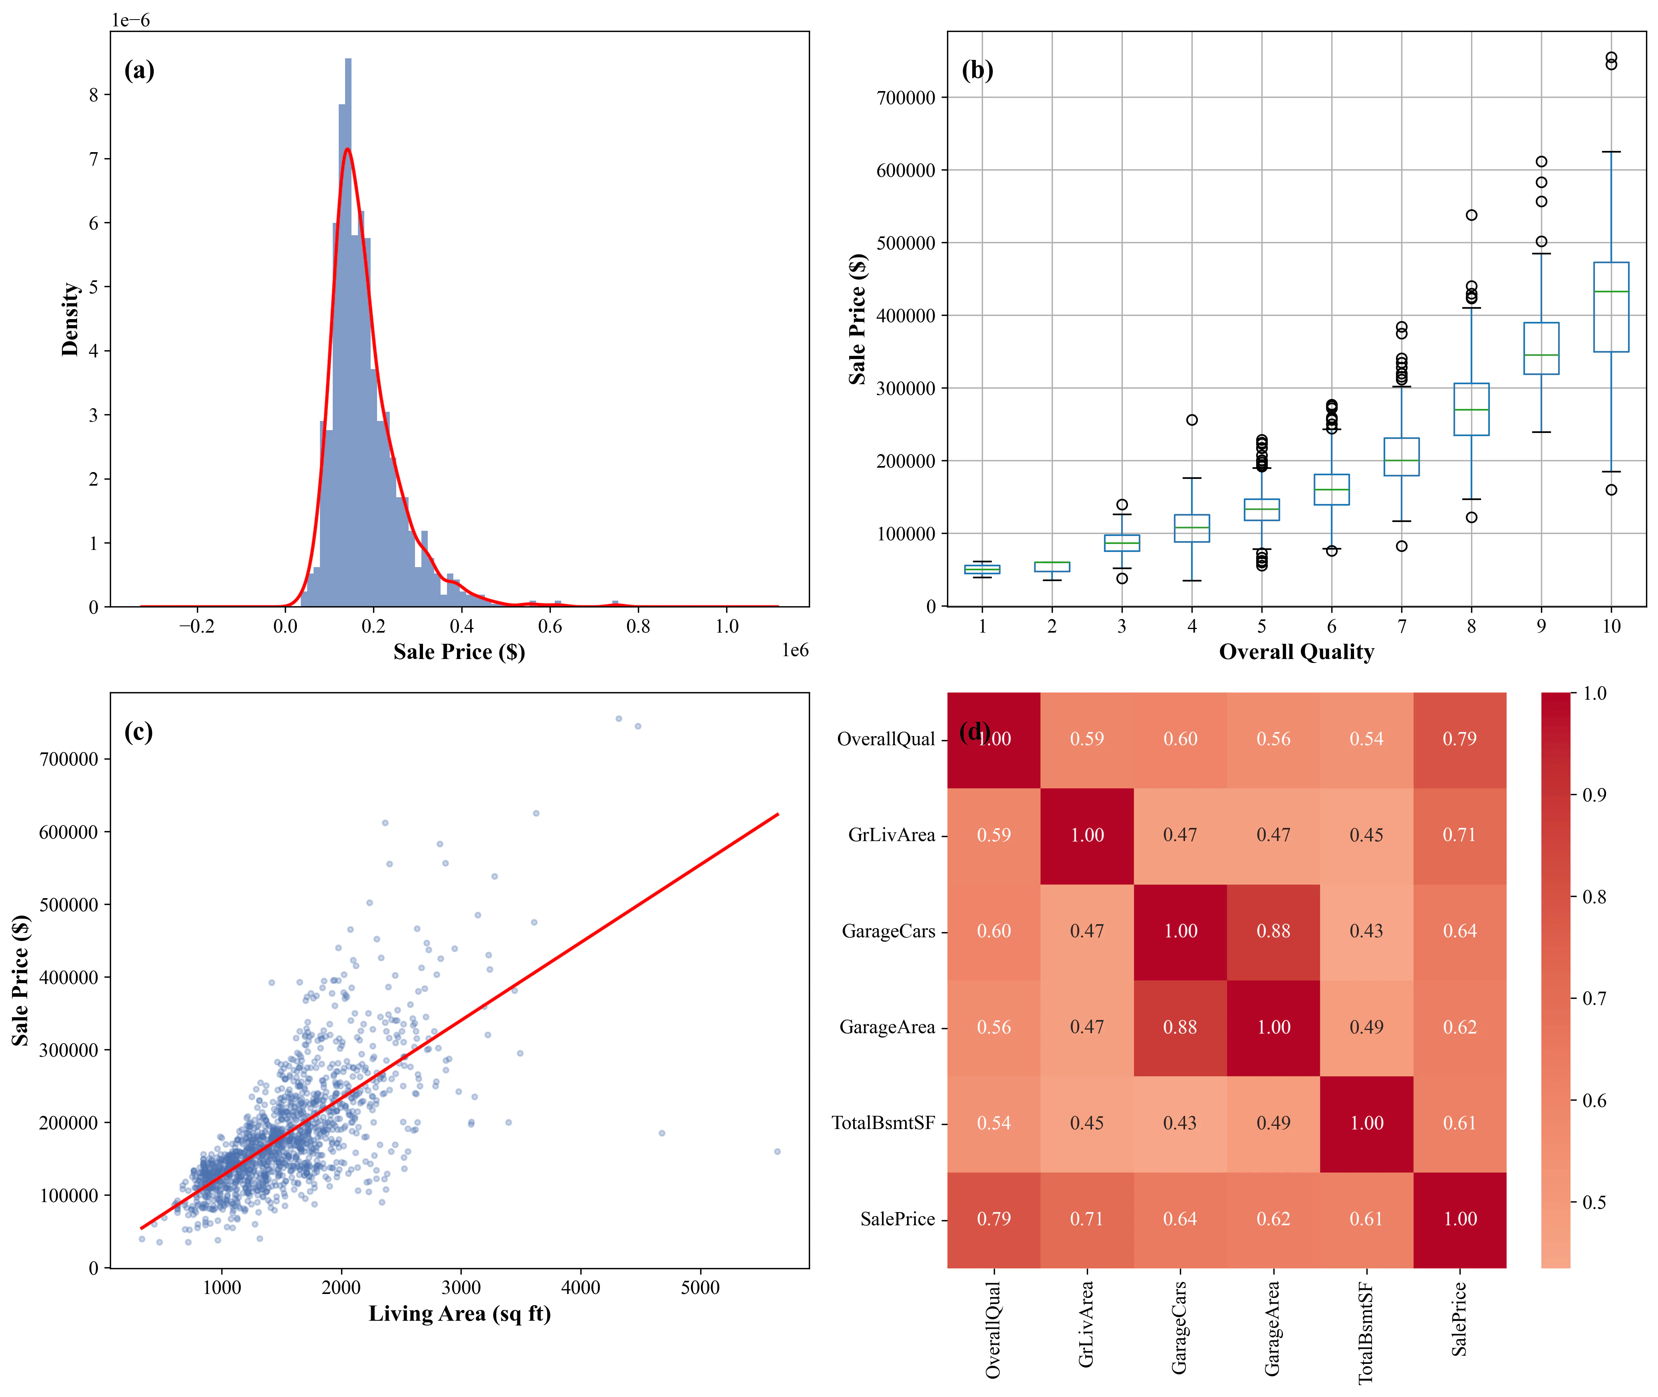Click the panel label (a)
pyautogui.click(x=139, y=70)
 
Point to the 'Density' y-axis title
pyautogui.click(x=71, y=319)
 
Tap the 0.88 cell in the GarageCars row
pyautogui.click(x=1273, y=931)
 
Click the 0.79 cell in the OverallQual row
pyautogui.click(x=1459, y=739)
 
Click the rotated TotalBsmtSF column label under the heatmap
pyautogui.click(x=1366, y=1333)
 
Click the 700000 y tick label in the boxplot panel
pyautogui.click(x=905, y=98)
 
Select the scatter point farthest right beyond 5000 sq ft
pyautogui.click(x=777, y=1151)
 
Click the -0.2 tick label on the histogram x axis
pyautogui.click(x=197, y=627)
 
